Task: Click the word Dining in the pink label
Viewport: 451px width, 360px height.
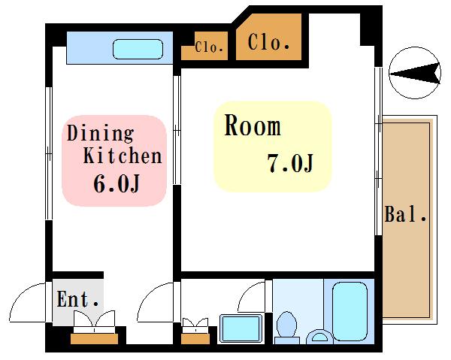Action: click(x=101, y=133)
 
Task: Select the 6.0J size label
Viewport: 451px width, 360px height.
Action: click(x=117, y=183)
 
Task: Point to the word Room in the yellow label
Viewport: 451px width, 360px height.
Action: click(x=253, y=125)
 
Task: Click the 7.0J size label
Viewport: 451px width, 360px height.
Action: click(x=290, y=163)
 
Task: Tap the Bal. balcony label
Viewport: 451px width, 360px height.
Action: click(x=405, y=214)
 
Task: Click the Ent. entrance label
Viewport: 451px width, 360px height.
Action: click(x=78, y=299)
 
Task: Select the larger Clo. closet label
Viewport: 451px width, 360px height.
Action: click(x=268, y=42)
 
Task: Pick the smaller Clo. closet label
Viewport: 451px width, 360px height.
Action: click(x=209, y=47)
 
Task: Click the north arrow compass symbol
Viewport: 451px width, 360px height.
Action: click(x=414, y=73)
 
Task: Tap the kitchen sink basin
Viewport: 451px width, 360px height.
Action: click(x=138, y=49)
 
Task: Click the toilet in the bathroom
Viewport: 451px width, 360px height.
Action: click(x=286, y=328)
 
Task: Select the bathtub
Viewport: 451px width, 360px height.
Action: click(x=350, y=311)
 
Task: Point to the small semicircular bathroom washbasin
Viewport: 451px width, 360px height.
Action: click(x=319, y=337)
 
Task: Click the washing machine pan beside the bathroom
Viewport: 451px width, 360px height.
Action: click(x=241, y=328)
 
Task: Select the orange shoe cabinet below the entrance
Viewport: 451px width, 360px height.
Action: click(x=95, y=339)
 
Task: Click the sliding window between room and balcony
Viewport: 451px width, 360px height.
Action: click(x=379, y=151)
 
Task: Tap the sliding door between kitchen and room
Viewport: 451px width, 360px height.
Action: click(x=177, y=130)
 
